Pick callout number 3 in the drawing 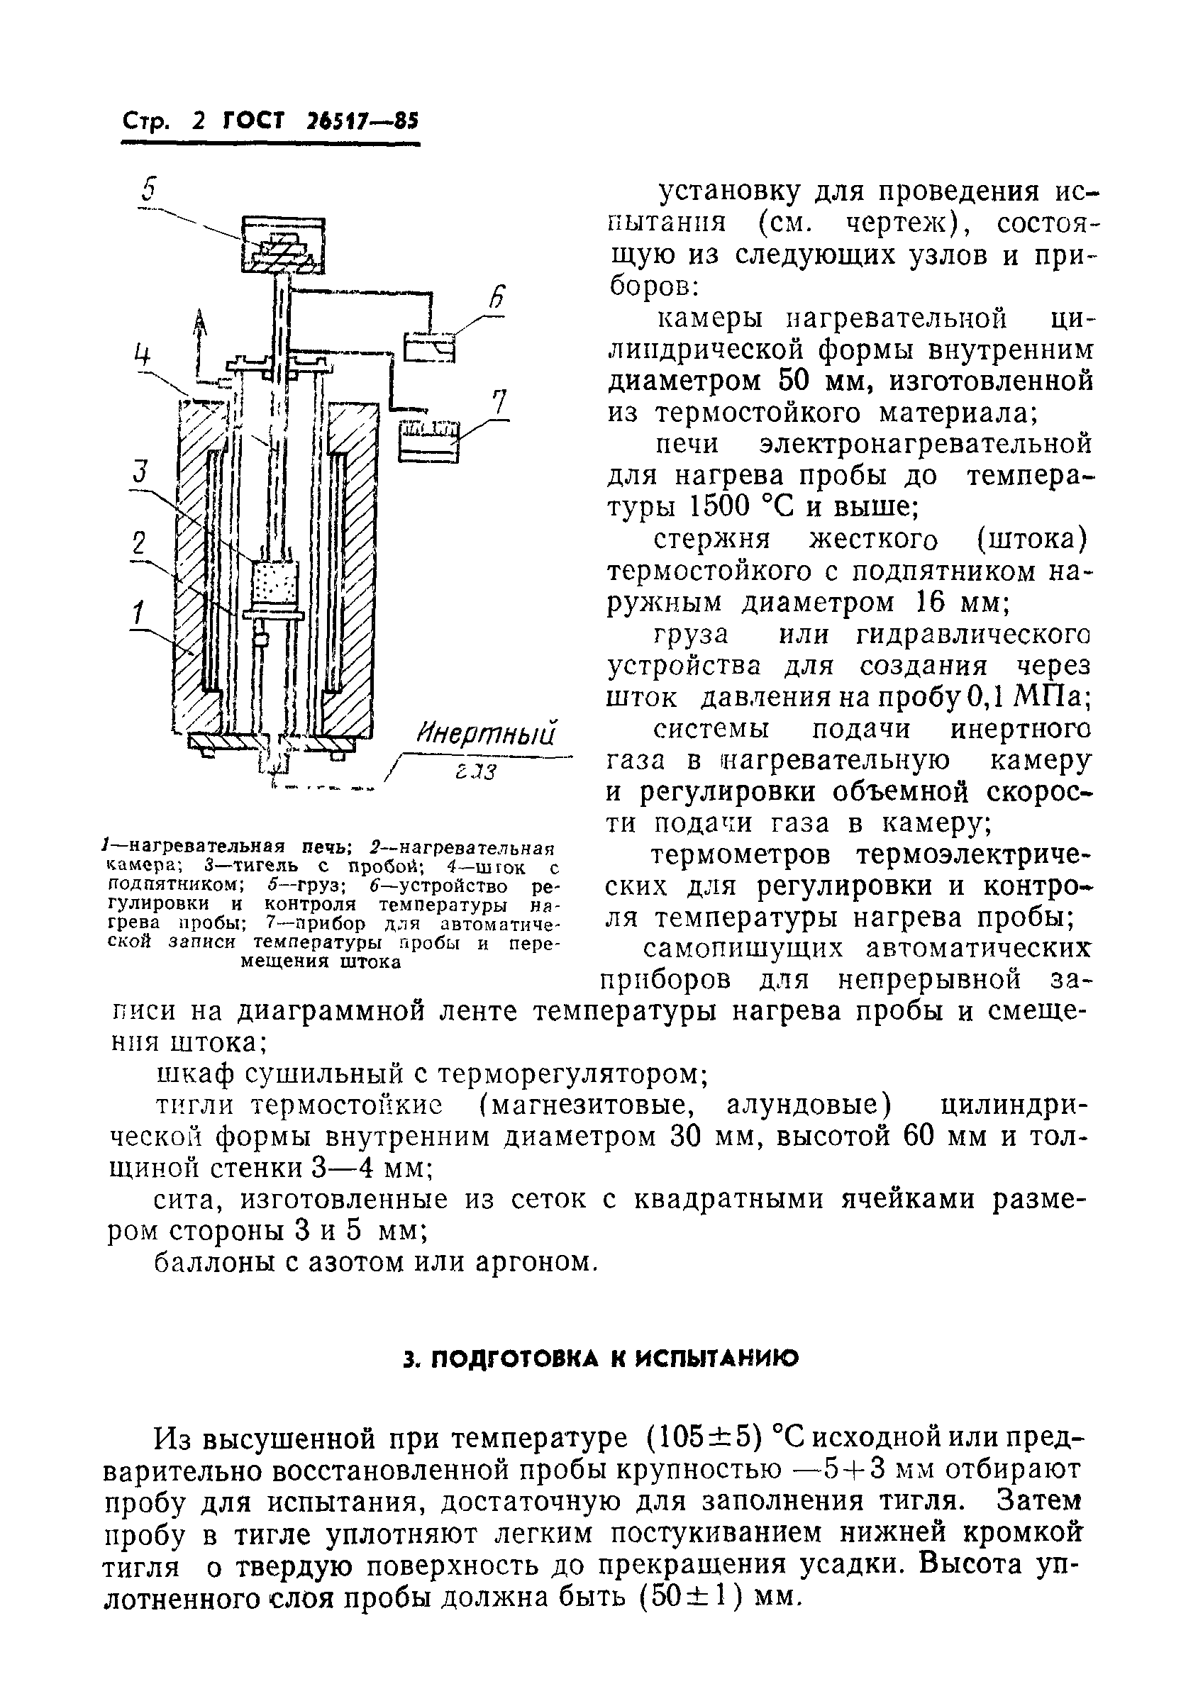coord(141,472)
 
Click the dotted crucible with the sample coord(274,582)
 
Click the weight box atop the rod coord(284,244)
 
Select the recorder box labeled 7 coord(429,442)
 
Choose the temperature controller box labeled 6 coord(429,346)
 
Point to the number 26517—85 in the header coord(361,121)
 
